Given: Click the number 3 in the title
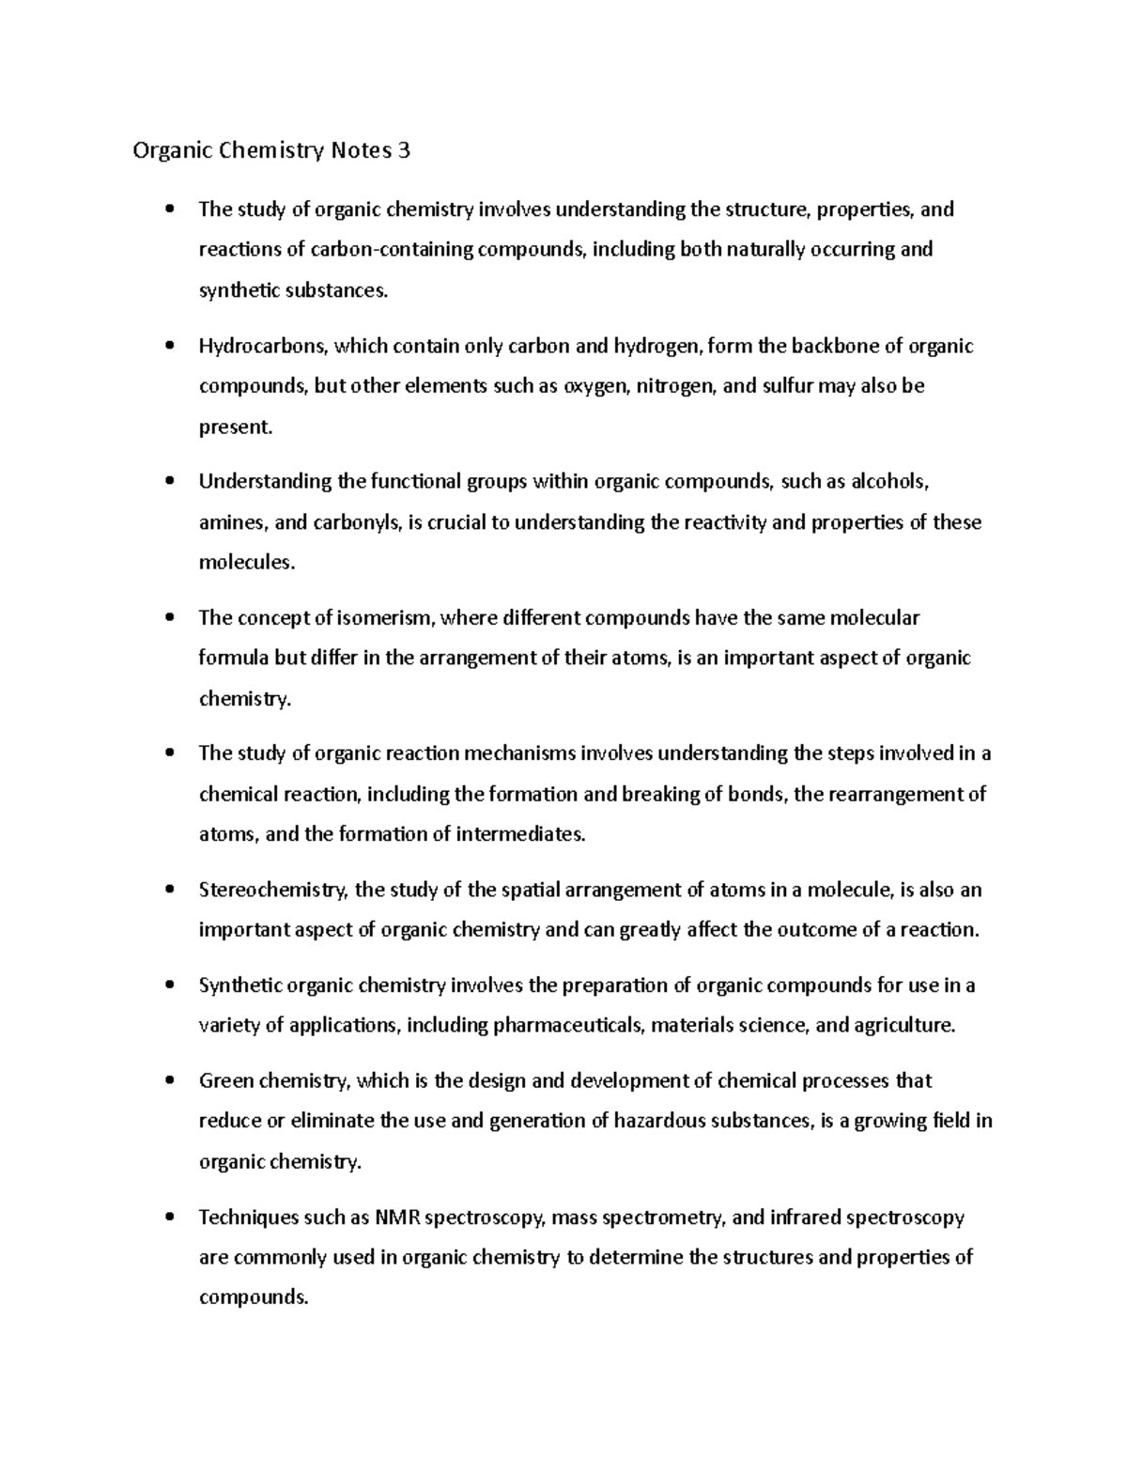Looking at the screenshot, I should click(403, 150).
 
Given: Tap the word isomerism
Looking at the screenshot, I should click(382, 617).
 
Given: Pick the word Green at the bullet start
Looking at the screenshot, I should click(225, 1080).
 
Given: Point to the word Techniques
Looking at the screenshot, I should click(247, 1218).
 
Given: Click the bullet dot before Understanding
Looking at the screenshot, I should click(169, 481).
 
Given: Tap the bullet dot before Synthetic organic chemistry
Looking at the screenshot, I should click(169, 985).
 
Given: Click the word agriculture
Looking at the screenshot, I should click(903, 1025).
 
